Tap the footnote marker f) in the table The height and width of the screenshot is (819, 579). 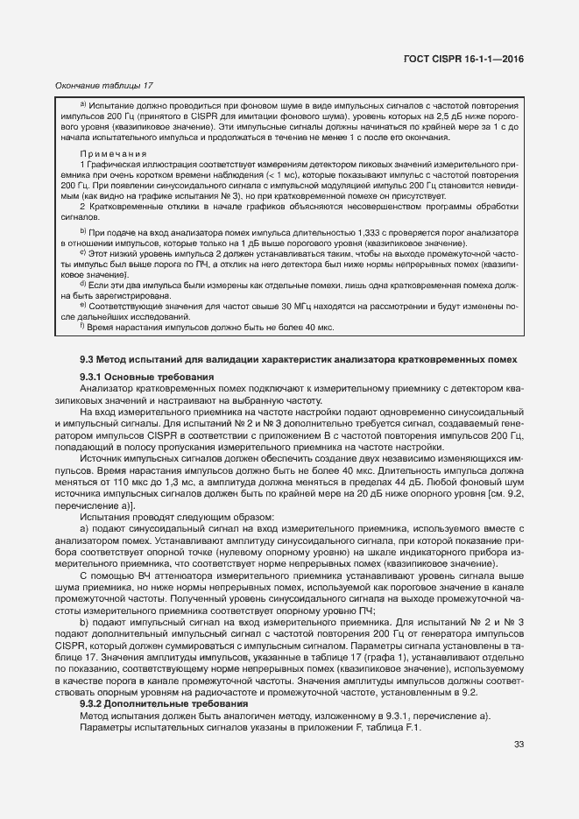tap(82, 326)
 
